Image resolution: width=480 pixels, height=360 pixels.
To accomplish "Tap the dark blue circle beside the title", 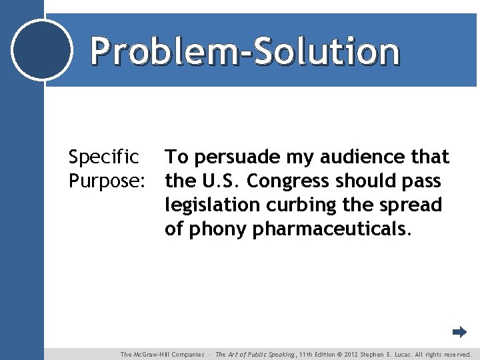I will pyautogui.click(x=42, y=50).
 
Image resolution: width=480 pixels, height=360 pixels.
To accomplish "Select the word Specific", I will pyautogui.click(x=104, y=158).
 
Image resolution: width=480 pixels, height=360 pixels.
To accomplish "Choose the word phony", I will pyautogui.click(x=218, y=229).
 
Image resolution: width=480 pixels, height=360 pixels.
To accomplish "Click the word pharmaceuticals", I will pyautogui.click(x=331, y=229).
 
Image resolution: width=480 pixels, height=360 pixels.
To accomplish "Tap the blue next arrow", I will pyautogui.click(x=459, y=332).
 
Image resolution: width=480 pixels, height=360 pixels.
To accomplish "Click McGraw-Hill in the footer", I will pyautogui.click(x=155, y=355).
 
